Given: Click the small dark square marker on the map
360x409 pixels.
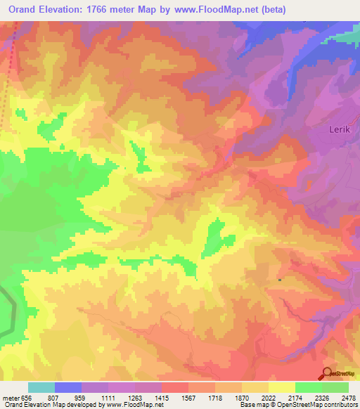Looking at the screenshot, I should tap(280, 279).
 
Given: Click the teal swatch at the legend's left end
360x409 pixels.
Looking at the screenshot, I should tap(41, 387).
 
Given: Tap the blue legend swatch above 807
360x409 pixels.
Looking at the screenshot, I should tap(68, 387).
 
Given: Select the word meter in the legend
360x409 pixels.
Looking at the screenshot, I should tap(11, 397).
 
